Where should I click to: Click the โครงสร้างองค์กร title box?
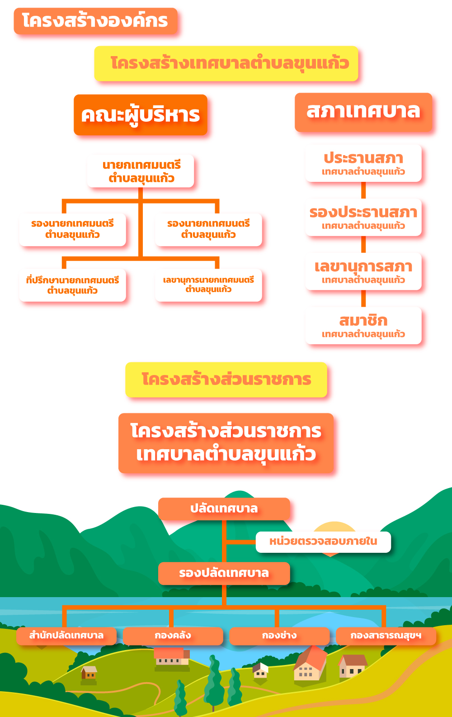pyautogui.click(x=96, y=21)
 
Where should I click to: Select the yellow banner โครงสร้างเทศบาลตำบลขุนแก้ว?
pyautogui.click(x=226, y=63)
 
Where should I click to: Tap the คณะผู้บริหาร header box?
pyautogui.click(x=141, y=114)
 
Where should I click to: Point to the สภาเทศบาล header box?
pyautogui.click(x=363, y=112)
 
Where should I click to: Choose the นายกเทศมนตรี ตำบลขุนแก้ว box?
pyautogui.click(x=141, y=171)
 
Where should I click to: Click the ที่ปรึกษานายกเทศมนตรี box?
pyautogui.click(x=72, y=285)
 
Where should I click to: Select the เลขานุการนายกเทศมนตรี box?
pyautogui.click(x=208, y=285)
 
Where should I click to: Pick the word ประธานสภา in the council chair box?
pyautogui.click(x=363, y=158)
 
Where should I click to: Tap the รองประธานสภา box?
pyautogui.click(x=363, y=217)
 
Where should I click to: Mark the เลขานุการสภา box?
pyautogui.click(x=363, y=271)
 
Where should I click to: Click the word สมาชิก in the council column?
pyautogui.click(x=363, y=320)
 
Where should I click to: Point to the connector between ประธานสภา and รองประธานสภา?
pyautogui.click(x=363, y=190)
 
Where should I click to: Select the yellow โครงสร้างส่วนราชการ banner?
pyautogui.click(x=226, y=380)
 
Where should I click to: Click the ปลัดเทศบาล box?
pyautogui.click(x=224, y=509)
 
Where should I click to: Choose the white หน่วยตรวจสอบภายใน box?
pyautogui.click(x=323, y=542)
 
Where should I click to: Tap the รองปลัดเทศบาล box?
pyautogui.click(x=224, y=573)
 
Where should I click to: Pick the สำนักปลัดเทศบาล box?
pyautogui.click(x=66, y=636)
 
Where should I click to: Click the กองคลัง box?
pyautogui.click(x=173, y=636)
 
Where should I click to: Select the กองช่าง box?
pyautogui.click(x=279, y=636)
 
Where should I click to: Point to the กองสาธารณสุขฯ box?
pyautogui.click(x=386, y=636)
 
